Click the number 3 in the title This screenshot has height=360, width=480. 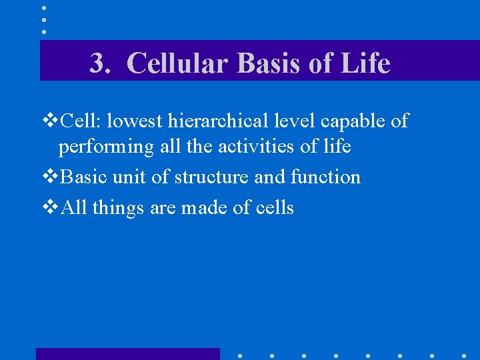[97, 64]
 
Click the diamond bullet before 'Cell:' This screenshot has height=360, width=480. [50, 121]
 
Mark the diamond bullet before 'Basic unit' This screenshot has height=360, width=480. [50, 177]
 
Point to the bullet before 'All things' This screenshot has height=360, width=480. [50, 208]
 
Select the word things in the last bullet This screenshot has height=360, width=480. [119, 209]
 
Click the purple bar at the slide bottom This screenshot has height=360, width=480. [127, 354]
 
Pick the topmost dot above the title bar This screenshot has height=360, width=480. [44, 8]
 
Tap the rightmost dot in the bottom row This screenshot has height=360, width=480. [464, 355]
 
